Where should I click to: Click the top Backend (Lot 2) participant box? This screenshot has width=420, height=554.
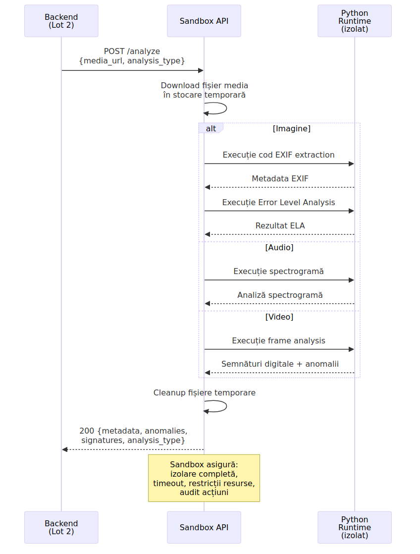click(x=61, y=21)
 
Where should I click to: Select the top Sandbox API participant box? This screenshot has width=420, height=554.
click(x=204, y=21)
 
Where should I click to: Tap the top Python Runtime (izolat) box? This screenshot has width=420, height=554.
click(x=355, y=21)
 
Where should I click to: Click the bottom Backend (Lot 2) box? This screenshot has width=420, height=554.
click(x=61, y=527)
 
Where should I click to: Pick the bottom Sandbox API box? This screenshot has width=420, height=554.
click(x=204, y=527)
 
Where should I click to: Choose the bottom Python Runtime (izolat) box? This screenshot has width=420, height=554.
click(x=355, y=527)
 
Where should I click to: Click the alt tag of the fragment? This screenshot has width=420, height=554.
click(x=211, y=128)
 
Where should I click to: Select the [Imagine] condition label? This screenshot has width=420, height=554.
click(x=291, y=128)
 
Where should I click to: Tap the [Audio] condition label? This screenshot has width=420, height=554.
click(x=279, y=247)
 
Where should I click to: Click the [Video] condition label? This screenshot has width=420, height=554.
click(x=279, y=317)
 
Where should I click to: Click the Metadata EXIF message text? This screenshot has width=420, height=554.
click(x=280, y=178)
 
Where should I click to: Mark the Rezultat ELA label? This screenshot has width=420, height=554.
click(x=280, y=225)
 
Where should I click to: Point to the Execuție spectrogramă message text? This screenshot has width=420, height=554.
click(x=278, y=272)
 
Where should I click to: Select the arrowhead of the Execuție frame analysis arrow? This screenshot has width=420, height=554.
click(x=351, y=349)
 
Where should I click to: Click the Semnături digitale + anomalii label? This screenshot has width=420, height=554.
click(x=280, y=364)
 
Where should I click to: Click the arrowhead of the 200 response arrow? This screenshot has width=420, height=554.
click(x=65, y=449)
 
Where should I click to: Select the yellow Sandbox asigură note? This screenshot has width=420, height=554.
click(x=204, y=478)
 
